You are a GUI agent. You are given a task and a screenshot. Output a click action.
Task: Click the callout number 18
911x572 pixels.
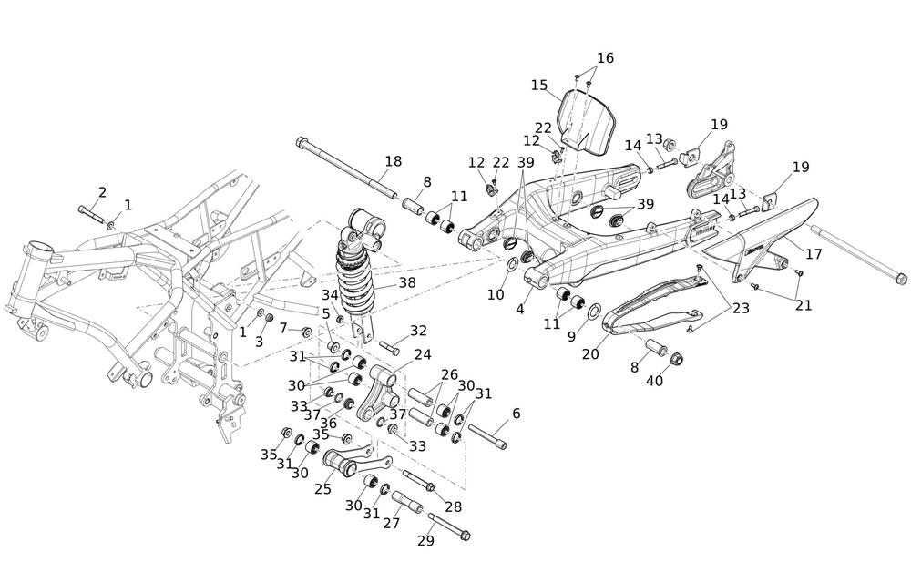393,161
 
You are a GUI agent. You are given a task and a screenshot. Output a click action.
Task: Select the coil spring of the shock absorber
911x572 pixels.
358,270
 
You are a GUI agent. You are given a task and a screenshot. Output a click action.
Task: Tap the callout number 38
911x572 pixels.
406,283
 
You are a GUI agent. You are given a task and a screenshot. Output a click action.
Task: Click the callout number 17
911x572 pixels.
814,254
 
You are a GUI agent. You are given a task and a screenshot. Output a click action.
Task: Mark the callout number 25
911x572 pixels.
322,488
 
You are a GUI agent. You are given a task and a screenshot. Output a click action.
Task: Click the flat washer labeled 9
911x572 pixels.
594,312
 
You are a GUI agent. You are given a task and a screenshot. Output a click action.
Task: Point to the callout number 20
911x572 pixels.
590,353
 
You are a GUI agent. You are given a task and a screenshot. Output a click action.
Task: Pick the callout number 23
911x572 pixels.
741,309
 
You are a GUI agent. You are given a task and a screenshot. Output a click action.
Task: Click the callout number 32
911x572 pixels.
418,330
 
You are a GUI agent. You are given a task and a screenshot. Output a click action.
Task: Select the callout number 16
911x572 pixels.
605,58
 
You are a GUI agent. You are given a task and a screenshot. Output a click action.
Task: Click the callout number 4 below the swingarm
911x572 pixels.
520,310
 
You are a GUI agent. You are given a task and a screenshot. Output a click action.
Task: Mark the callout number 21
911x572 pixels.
803,304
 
